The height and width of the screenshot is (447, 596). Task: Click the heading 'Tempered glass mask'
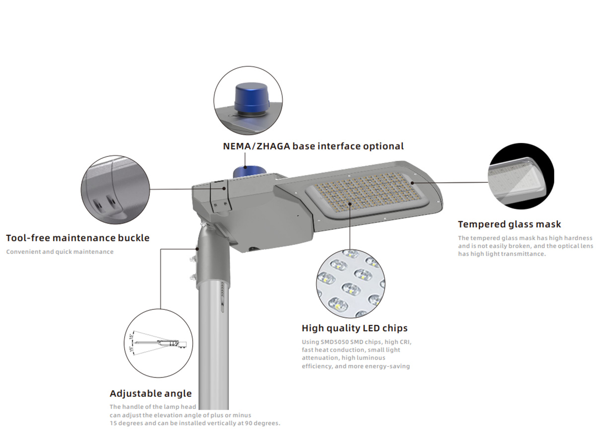pyautogui.click(x=509, y=224)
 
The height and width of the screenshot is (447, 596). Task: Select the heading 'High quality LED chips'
pyautogui.click(x=354, y=328)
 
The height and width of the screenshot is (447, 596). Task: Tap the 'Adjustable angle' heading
pyautogui.click(x=150, y=393)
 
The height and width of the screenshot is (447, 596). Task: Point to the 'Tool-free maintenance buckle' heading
pyautogui.click(x=77, y=238)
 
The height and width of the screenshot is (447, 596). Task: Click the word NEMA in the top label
pyautogui.click(x=237, y=147)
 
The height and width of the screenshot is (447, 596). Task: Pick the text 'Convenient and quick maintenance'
pyautogui.click(x=60, y=252)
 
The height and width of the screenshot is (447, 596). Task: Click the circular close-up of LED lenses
pyautogui.click(x=350, y=283)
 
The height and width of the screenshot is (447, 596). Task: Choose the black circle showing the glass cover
pyautogui.click(x=521, y=176)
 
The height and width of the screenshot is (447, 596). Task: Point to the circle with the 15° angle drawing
pyautogui.click(x=158, y=343)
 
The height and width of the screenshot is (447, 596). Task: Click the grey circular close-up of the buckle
pyautogui.click(x=115, y=189)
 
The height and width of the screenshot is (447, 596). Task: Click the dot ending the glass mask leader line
pyautogui.click(x=412, y=183)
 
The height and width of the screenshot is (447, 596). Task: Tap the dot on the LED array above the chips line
pyautogui.click(x=350, y=203)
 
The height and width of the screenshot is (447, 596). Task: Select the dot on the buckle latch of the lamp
pyautogui.click(x=224, y=188)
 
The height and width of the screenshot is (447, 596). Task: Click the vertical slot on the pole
pyautogui.click(x=223, y=305)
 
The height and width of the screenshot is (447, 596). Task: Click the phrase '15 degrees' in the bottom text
pyautogui.click(x=126, y=423)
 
